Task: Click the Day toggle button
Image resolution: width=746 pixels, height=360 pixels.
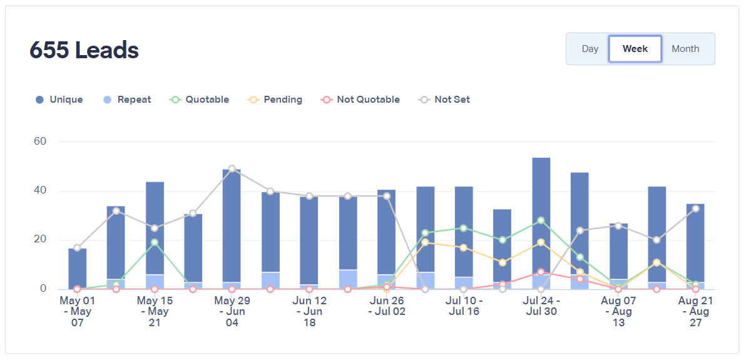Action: [x=590, y=49]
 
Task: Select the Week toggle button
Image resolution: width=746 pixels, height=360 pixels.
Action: [x=635, y=49]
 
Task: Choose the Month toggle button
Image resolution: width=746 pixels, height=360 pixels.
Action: [x=685, y=49]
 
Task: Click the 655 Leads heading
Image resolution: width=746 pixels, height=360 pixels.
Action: [x=84, y=50]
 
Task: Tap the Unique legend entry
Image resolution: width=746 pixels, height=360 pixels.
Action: [x=59, y=100]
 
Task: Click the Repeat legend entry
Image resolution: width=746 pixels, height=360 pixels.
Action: [x=127, y=100]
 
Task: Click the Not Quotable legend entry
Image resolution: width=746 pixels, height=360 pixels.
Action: [x=360, y=100]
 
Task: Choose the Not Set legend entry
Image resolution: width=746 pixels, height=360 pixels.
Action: [x=445, y=100]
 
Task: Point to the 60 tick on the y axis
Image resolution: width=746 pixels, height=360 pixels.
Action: [x=40, y=141]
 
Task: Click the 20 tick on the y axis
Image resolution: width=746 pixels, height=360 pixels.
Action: [x=40, y=240]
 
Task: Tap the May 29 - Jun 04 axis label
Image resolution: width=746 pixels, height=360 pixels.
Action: [x=232, y=311]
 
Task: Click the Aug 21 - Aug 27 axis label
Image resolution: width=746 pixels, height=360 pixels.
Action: [x=696, y=311]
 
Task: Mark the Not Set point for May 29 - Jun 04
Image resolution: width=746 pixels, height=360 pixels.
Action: [x=232, y=168]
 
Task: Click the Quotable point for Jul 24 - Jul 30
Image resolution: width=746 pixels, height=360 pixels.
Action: [x=541, y=220]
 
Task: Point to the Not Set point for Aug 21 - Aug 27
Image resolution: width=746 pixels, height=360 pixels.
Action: [x=696, y=208]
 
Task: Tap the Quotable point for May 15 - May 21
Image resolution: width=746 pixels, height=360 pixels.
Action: [x=155, y=242]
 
